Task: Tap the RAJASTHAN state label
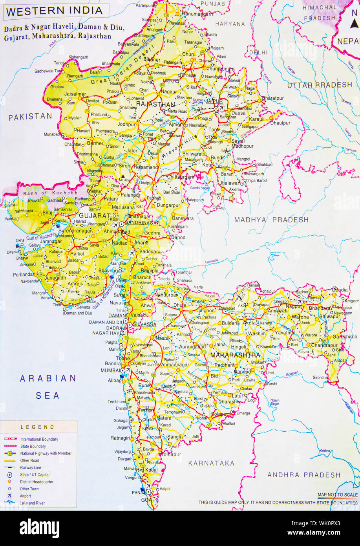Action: click(155, 104)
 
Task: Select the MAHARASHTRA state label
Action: click(235, 355)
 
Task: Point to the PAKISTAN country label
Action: click(30, 116)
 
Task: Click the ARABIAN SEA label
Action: click(48, 387)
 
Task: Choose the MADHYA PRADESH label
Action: click(271, 220)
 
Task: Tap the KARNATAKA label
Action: click(211, 463)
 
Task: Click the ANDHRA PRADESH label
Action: click(304, 475)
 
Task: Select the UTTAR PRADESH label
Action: click(320, 85)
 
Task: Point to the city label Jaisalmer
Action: click(75, 94)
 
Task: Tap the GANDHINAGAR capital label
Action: click(142, 223)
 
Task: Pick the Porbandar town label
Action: click(23, 275)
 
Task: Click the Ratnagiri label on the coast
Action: click(120, 438)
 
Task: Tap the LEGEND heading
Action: click(38, 427)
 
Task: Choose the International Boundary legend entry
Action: click(39, 439)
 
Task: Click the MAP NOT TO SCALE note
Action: click(338, 495)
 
